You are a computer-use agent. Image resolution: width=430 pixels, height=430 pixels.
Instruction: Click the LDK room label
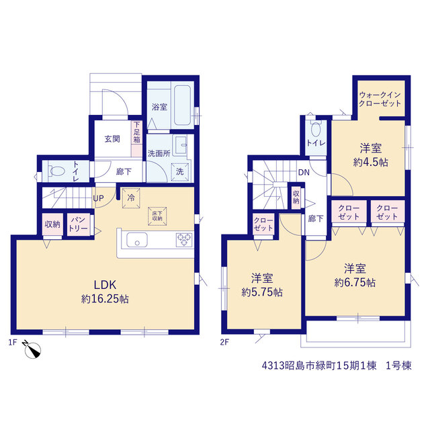[105, 285]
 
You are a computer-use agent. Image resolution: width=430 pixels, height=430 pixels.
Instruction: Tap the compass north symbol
[32, 349]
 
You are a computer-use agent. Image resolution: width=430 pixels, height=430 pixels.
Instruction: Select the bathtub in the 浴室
[182, 105]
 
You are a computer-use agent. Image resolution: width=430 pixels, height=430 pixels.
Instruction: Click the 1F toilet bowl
[56, 171]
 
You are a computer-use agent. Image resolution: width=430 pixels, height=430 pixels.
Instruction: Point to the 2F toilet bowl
[316, 130]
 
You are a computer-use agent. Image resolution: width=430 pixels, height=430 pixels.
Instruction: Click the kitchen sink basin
[137, 240]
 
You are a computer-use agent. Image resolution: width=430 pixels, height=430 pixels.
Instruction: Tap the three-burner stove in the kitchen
[184, 240]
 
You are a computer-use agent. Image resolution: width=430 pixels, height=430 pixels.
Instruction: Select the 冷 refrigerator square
[131, 198]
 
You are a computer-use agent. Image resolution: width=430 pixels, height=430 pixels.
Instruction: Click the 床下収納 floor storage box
[157, 216]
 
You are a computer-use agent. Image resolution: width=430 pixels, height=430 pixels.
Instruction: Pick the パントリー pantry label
[79, 224]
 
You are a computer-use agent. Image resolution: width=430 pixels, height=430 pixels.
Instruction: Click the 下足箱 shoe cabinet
[136, 139]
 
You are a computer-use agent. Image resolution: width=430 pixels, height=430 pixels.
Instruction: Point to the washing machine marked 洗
[180, 172]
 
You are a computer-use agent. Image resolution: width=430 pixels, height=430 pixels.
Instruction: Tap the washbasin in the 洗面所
[181, 145]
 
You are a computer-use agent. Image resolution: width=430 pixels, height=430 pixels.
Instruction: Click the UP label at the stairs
[98, 198]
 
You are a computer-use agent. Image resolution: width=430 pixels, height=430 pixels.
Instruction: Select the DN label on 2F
[304, 173]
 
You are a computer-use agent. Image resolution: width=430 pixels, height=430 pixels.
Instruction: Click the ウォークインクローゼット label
[380, 99]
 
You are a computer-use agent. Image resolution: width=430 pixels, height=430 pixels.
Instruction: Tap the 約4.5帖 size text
[370, 163]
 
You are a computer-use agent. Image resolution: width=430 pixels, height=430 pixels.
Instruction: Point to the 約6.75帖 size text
[355, 282]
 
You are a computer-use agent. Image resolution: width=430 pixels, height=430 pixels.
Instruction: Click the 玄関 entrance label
[112, 139]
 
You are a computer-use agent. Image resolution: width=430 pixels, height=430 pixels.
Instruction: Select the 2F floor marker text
[224, 342]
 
